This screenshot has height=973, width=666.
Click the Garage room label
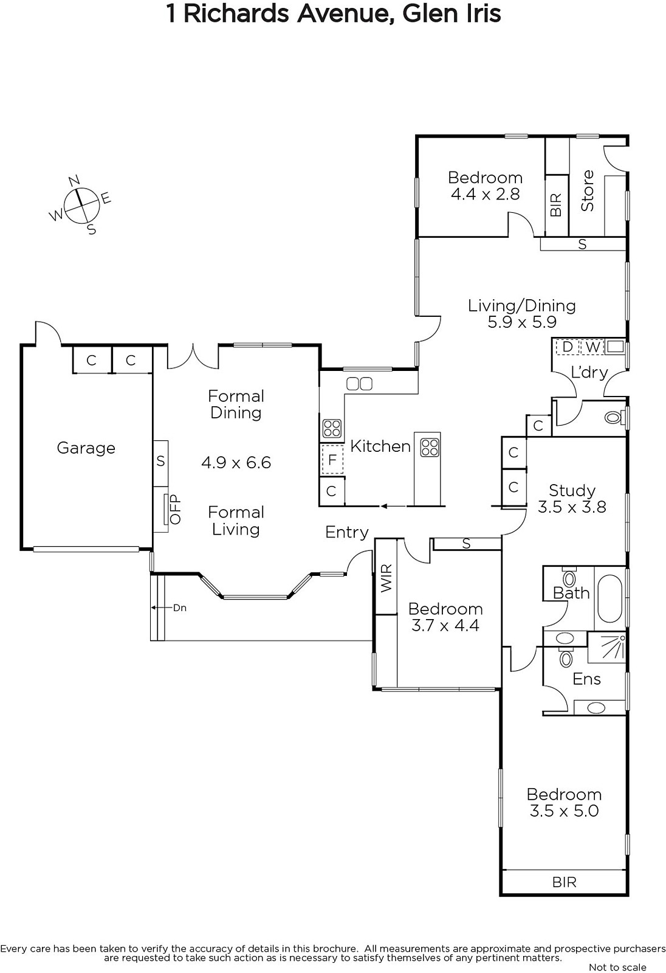point(86,448)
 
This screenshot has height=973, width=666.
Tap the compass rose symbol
point(81,205)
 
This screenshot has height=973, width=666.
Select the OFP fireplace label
point(174,510)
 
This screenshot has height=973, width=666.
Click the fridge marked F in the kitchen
point(332,460)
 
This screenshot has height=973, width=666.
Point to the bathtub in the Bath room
point(610,599)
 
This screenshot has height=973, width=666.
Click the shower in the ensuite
point(606,647)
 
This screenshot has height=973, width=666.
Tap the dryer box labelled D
point(567,347)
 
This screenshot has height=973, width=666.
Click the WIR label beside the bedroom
point(386,578)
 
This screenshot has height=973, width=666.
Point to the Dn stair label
point(180,608)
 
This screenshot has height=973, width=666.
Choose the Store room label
point(588,191)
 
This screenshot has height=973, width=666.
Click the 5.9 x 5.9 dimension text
point(522,322)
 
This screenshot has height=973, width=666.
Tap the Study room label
point(572,490)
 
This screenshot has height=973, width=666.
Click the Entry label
point(347,533)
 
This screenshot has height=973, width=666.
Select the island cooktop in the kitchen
point(430,448)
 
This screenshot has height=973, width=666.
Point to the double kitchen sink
point(360,384)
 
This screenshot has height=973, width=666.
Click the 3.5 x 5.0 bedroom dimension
point(564,811)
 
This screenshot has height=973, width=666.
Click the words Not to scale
point(617,967)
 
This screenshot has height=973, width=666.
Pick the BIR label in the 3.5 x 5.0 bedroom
point(565,882)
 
